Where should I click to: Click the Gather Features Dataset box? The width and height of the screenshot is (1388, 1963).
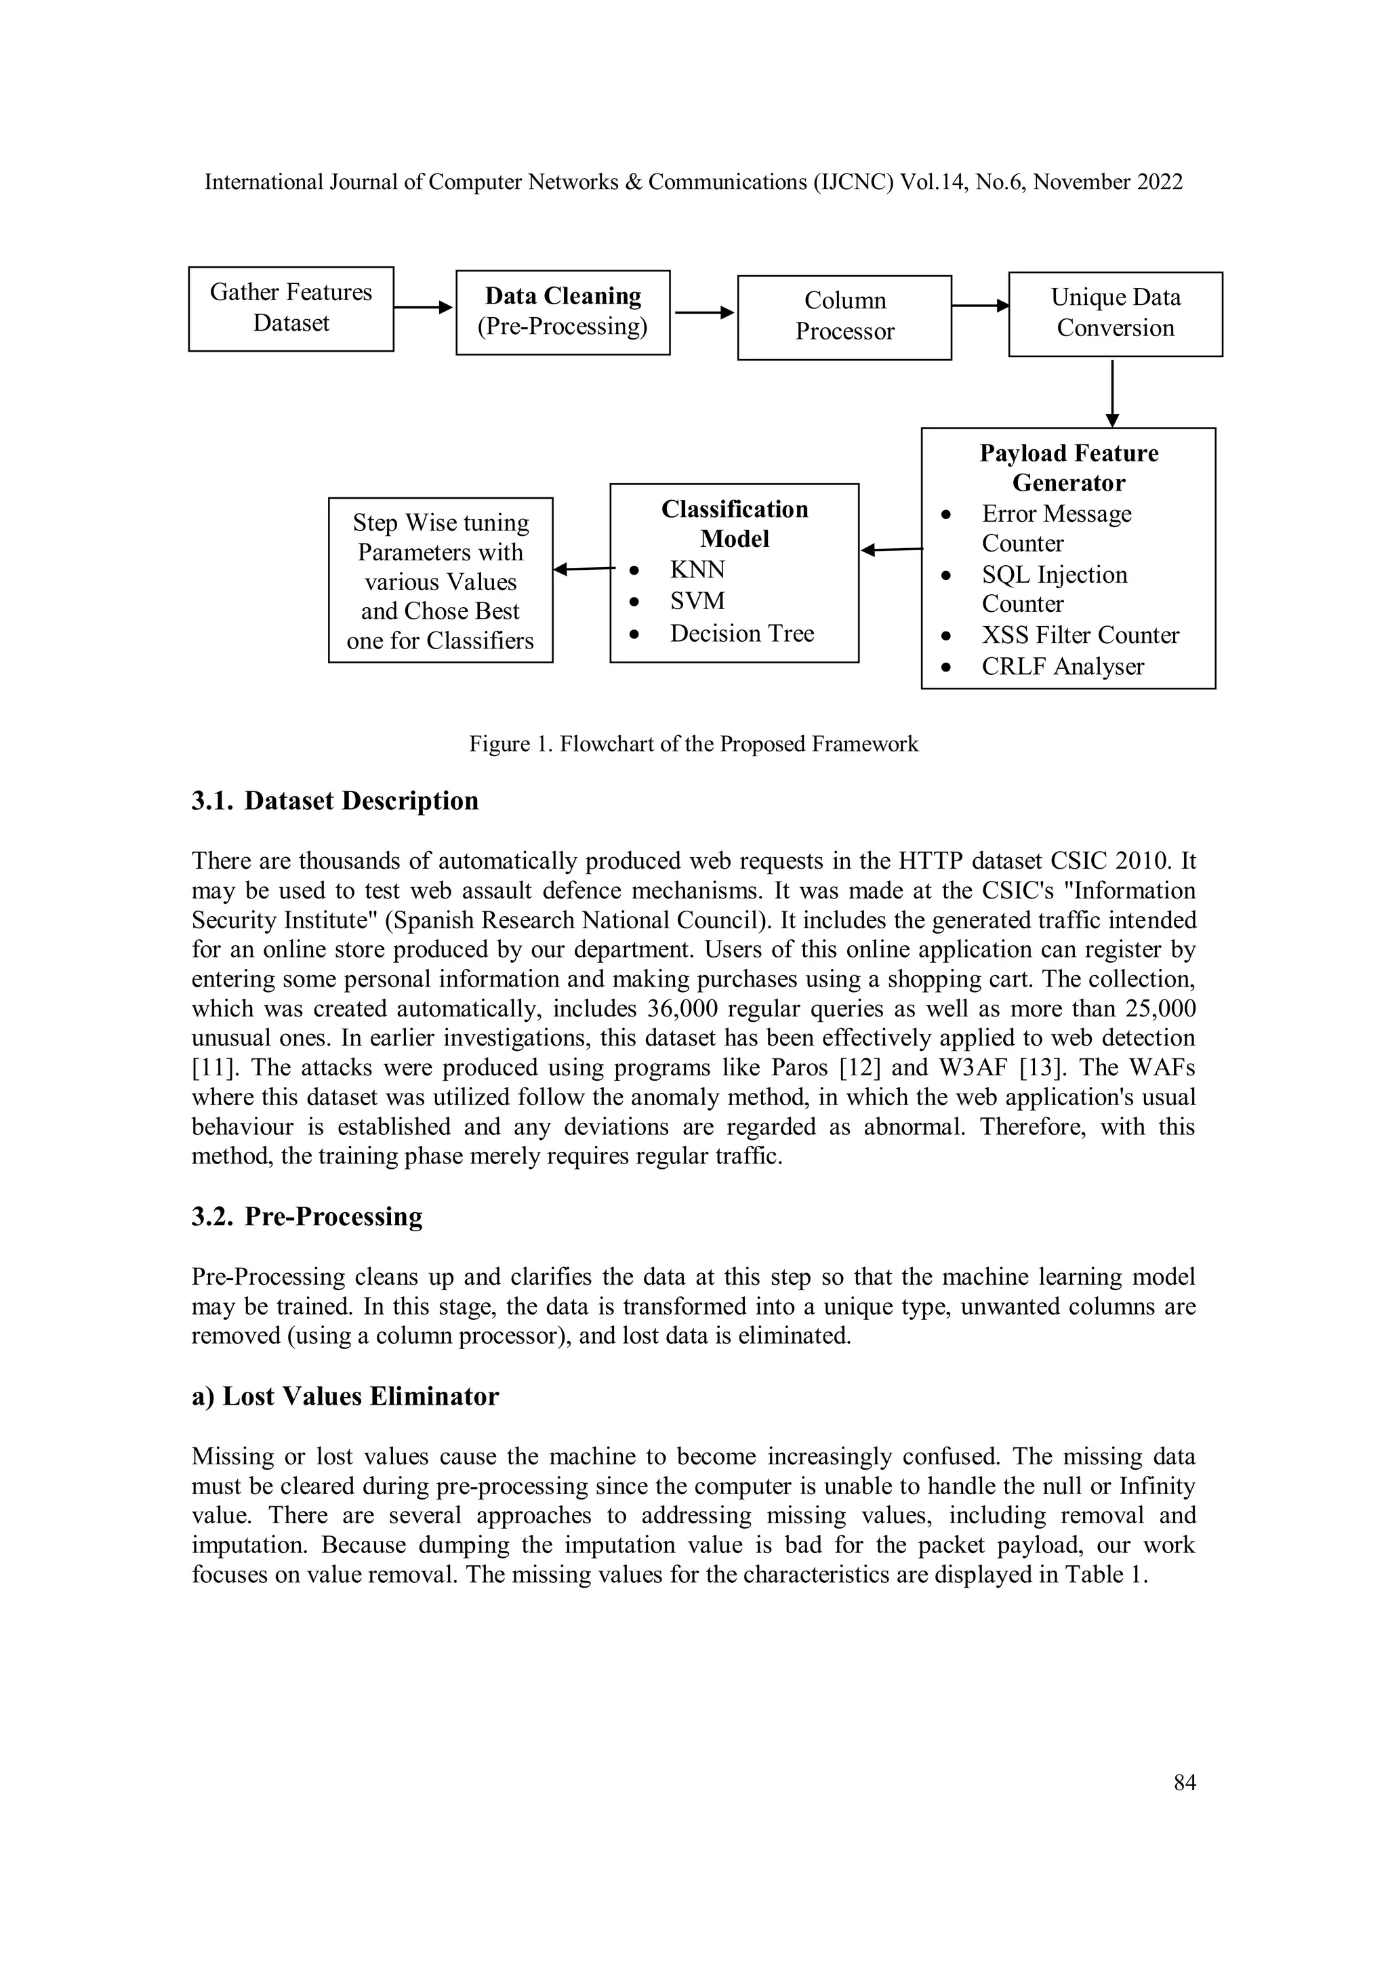click(291, 308)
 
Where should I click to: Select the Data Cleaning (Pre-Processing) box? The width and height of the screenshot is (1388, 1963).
click(563, 312)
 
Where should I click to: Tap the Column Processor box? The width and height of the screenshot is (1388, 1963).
click(844, 317)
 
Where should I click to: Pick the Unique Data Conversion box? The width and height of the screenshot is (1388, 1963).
click(1115, 314)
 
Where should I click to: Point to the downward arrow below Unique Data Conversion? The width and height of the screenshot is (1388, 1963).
click(1111, 392)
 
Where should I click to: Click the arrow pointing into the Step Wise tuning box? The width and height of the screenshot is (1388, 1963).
click(584, 569)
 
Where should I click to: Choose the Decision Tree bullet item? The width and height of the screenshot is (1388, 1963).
click(741, 634)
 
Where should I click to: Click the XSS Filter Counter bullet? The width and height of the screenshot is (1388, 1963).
click(1079, 635)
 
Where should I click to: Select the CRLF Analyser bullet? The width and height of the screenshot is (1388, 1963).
click(1061, 667)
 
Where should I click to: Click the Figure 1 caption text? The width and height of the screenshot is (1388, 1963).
click(693, 744)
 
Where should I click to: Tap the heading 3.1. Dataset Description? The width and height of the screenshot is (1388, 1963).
click(334, 801)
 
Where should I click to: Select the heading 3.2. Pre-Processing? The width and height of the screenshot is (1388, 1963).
click(307, 1216)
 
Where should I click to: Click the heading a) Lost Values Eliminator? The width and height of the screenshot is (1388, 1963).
click(345, 1396)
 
